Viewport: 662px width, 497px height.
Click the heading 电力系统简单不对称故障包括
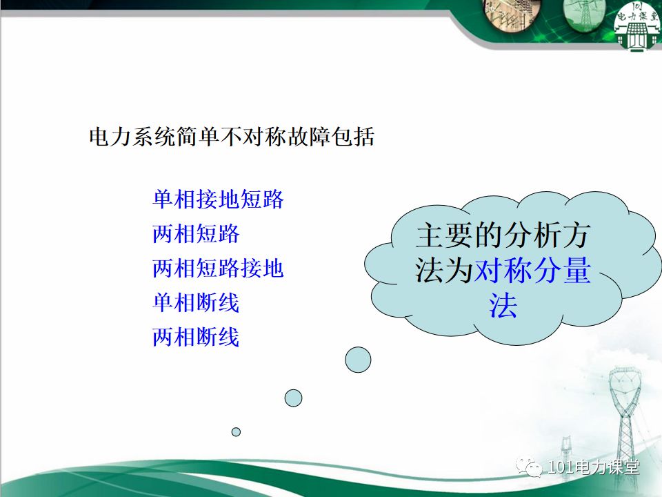pyautogui.click(x=232, y=137)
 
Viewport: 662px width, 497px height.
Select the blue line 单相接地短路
pyautogui.click(x=218, y=200)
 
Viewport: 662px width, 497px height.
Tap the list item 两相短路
pyautogui.click(x=196, y=235)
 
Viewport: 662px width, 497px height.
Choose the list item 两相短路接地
pyautogui.click(x=218, y=269)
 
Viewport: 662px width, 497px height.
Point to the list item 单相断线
pyautogui.click(x=196, y=303)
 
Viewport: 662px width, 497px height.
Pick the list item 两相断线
pyautogui.click(x=196, y=338)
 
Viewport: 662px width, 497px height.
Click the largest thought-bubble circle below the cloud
pyautogui.click(x=358, y=360)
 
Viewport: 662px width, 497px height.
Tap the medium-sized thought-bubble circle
pyautogui.click(x=294, y=398)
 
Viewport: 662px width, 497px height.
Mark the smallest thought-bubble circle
pyautogui.click(x=236, y=432)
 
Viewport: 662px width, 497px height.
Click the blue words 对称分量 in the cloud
pyautogui.click(x=532, y=271)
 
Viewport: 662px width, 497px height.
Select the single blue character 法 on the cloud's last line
pyautogui.click(x=503, y=306)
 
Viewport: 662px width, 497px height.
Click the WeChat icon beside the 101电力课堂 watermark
pyautogui.click(x=533, y=468)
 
